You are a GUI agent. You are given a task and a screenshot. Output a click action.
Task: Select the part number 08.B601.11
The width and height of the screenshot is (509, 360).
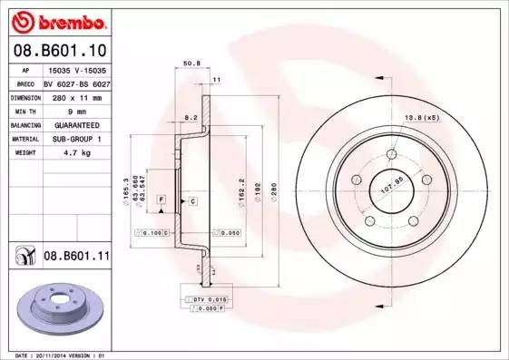pos(76,257)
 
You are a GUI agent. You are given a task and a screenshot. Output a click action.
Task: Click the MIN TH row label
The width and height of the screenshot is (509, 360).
pos(25,111)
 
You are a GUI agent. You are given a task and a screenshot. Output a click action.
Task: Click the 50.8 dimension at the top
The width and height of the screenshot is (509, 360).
pos(191,64)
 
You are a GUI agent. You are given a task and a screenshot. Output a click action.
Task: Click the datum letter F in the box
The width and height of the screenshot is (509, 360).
pos(161,198)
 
